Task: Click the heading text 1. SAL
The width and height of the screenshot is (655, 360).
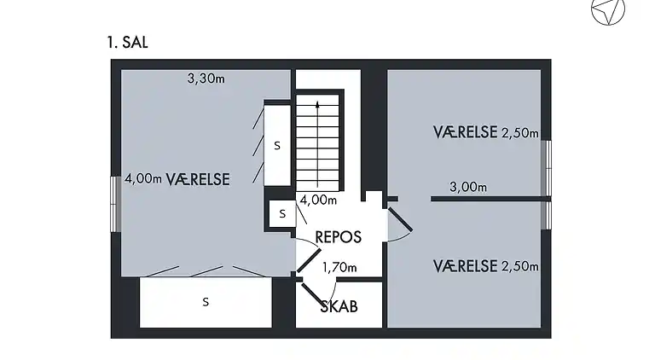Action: tap(127, 43)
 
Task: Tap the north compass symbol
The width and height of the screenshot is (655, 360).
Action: tap(608, 10)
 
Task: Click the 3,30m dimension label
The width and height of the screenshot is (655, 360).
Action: tap(206, 78)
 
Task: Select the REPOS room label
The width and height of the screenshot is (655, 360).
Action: tap(338, 237)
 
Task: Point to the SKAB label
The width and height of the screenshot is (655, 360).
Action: tap(339, 306)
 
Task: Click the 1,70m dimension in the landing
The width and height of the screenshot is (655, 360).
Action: tap(339, 267)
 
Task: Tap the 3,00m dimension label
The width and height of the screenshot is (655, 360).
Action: tap(468, 187)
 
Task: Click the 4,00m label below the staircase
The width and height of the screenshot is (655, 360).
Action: tap(318, 200)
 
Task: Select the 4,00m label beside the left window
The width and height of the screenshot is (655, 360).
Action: tap(143, 179)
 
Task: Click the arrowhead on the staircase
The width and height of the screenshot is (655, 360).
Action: tap(317, 104)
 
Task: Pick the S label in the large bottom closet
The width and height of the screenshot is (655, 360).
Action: tap(206, 302)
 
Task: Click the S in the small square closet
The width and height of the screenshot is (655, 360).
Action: tap(282, 214)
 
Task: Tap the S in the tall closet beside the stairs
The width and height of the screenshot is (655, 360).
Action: tap(277, 146)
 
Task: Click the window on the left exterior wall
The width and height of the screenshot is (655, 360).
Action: tap(115, 204)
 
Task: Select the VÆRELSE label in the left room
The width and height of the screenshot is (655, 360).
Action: tap(198, 180)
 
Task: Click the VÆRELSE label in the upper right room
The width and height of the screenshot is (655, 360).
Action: tap(465, 132)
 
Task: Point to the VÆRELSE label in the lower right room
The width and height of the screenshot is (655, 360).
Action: tap(465, 266)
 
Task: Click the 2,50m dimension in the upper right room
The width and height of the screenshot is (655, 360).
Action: tap(519, 133)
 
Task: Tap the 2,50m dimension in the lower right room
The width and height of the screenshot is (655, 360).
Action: tap(519, 266)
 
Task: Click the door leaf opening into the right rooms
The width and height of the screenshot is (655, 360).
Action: tap(400, 220)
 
